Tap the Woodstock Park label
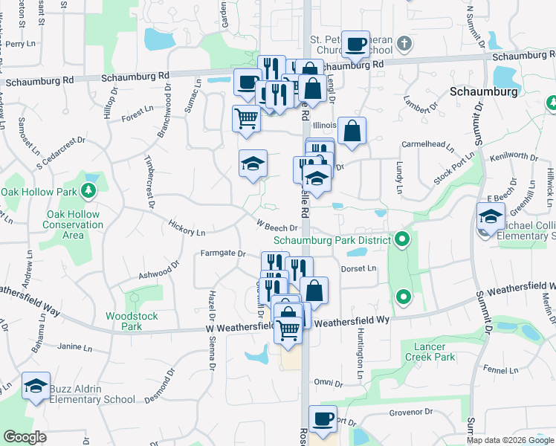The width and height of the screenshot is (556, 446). (x=132, y=321)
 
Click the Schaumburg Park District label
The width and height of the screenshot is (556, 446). (x=332, y=240)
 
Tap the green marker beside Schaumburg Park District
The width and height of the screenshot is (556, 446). (x=402, y=239)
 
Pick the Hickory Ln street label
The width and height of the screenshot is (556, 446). (x=187, y=231)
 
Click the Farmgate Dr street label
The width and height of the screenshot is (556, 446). (x=222, y=253)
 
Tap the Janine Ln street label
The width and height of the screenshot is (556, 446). (x=74, y=346)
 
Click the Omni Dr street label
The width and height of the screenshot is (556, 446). (x=329, y=382)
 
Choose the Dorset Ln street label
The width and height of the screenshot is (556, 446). (x=359, y=268)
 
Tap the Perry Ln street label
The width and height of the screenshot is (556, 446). (x=20, y=44)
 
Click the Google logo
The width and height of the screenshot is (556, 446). (x=25, y=437)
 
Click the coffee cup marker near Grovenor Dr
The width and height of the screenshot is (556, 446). (x=323, y=418)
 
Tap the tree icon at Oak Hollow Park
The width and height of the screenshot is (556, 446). (x=88, y=191)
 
